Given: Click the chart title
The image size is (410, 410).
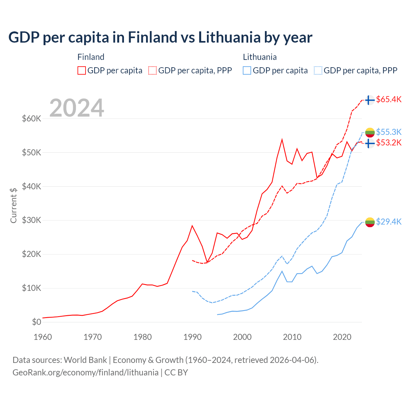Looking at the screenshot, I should pyautogui.click(x=160, y=37).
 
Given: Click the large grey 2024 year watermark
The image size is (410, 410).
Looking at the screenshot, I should pyautogui.click(x=77, y=108).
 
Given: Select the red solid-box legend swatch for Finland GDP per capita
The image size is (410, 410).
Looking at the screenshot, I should pyautogui.click(x=82, y=70).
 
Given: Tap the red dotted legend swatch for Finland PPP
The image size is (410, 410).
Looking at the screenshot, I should pyautogui.click(x=152, y=70).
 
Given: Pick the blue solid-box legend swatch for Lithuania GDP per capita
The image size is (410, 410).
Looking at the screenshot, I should pyautogui.click(x=247, y=70).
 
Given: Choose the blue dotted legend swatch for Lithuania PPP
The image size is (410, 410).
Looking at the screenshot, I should pyautogui.click(x=318, y=70).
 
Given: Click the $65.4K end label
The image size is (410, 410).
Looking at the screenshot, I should pyautogui.click(x=389, y=99).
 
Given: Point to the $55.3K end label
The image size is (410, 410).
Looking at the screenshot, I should pyautogui.click(x=389, y=132).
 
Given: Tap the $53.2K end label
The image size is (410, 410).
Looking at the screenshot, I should pyautogui.click(x=389, y=143).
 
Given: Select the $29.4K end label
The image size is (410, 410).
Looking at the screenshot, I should pyautogui.click(x=389, y=222).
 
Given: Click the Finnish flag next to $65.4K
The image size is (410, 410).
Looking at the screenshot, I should pyautogui.click(x=370, y=100).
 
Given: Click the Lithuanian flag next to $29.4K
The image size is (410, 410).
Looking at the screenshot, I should pyautogui.click(x=370, y=222).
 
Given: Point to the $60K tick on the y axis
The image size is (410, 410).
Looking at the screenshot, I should pyautogui.click(x=32, y=119).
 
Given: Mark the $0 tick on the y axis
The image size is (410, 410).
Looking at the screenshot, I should pyautogui.click(x=37, y=322).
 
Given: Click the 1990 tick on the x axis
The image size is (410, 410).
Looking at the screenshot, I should pyautogui.click(x=193, y=337).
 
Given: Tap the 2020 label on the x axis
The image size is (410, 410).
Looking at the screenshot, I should pyautogui.click(x=342, y=337).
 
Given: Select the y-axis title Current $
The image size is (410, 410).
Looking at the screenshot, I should pyautogui.click(x=13, y=205).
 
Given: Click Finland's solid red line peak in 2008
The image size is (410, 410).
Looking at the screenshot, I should pyautogui.click(x=282, y=139).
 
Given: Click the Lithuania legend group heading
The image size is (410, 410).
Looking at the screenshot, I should pyautogui.click(x=260, y=57).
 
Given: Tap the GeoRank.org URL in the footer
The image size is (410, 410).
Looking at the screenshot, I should pyautogui.click(x=86, y=373).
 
